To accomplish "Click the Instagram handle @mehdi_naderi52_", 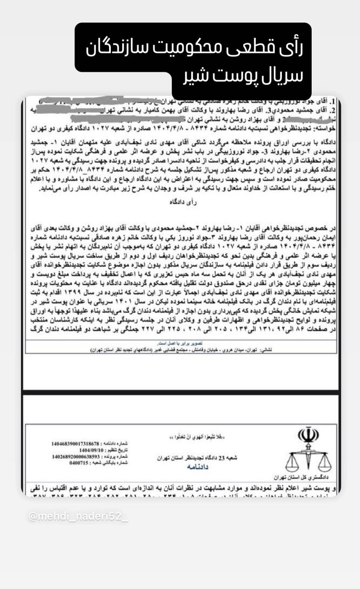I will [78, 517].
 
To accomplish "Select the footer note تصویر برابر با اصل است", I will [179, 343].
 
